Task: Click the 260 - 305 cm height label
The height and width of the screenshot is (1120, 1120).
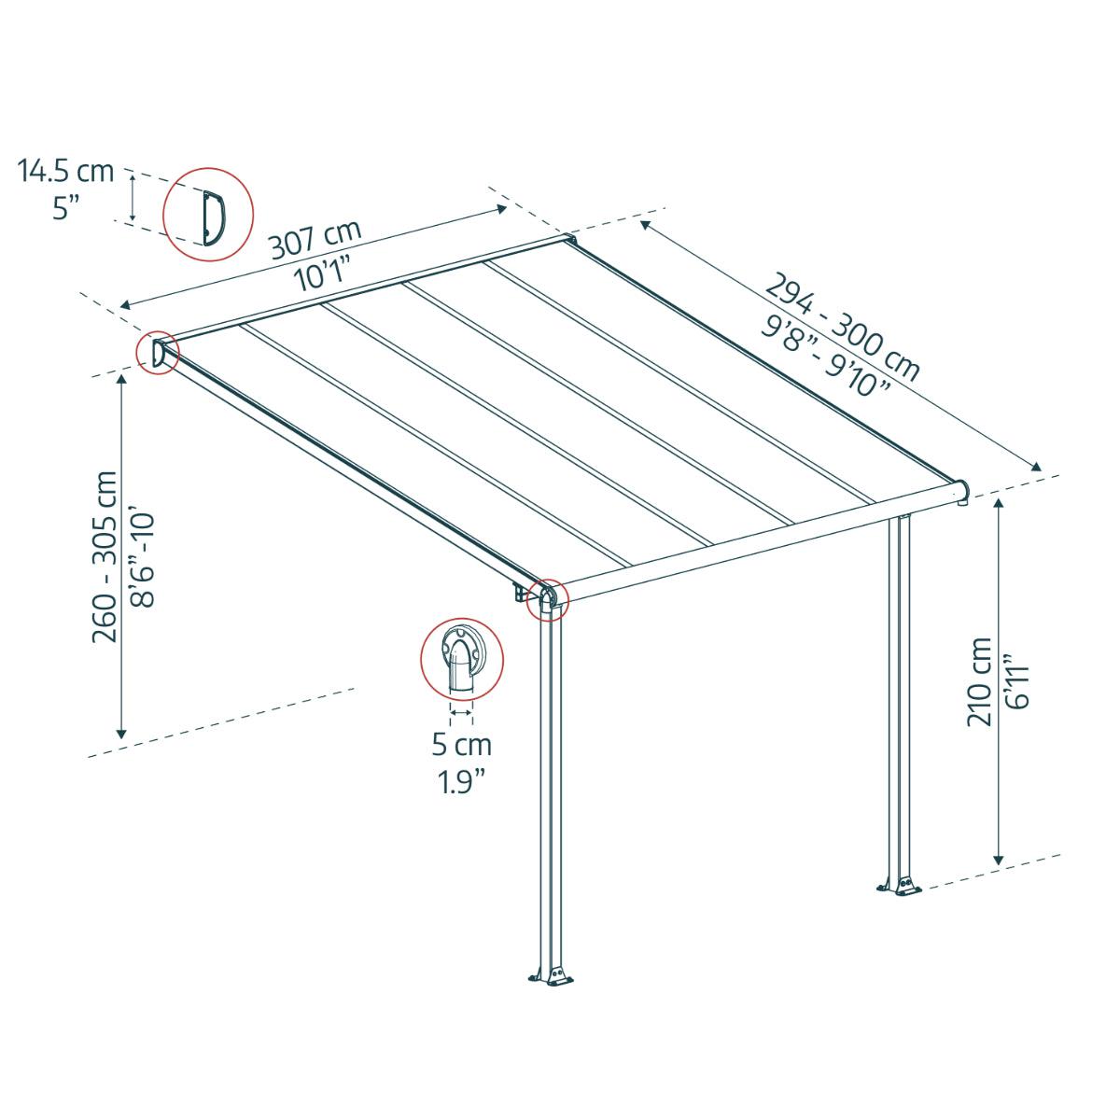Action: pyautogui.click(x=105, y=556)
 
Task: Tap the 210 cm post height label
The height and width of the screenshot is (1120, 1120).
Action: pyautogui.click(x=980, y=681)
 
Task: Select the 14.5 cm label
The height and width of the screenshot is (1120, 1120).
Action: pyautogui.click(x=66, y=171)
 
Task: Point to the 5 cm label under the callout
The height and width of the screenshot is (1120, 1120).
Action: pyautogui.click(x=461, y=745)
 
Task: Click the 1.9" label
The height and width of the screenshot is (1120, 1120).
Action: pyautogui.click(x=461, y=780)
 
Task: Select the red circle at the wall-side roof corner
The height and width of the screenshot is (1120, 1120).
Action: pyautogui.click(x=156, y=354)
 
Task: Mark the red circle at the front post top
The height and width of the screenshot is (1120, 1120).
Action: pyautogui.click(x=547, y=599)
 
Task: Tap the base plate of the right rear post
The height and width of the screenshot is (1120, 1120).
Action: pyautogui.click(x=900, y=886)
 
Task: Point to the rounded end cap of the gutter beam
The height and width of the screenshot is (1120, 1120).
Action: pyautogui.click(x=961, y=493)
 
